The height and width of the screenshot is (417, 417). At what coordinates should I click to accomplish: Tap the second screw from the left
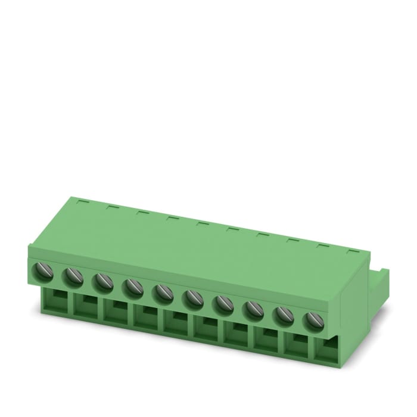pyautogui.click(x=73, y=275)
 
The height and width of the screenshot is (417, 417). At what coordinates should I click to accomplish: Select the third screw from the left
pyautogui.click(x=102, y=281)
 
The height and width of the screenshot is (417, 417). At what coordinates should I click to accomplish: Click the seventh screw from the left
pyautogui.click(x=223, y=304)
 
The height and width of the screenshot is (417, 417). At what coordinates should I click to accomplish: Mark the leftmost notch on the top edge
pyautogui.click(x=83, y=202)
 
